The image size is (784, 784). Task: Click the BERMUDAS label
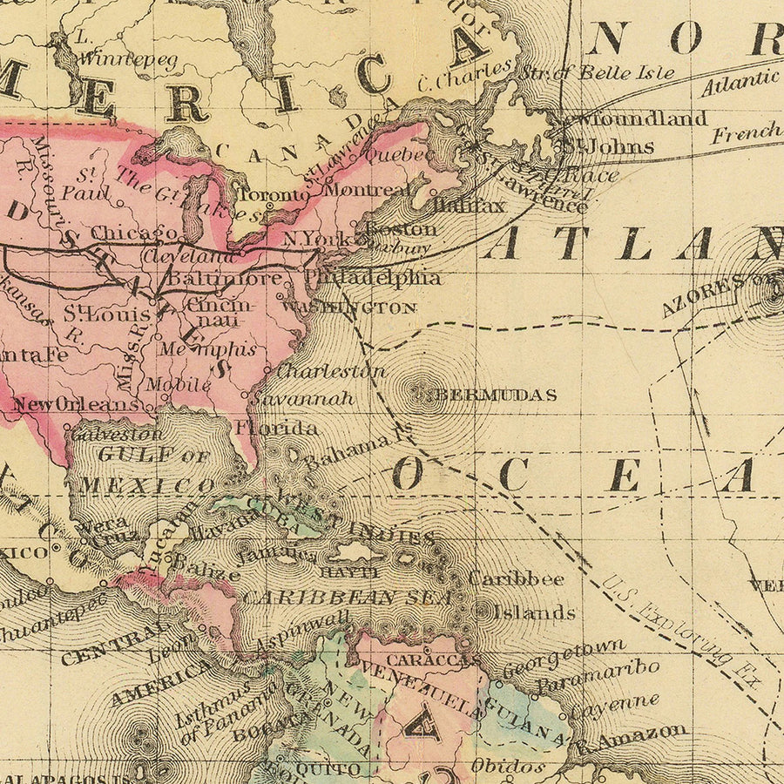click(x=496, y=395)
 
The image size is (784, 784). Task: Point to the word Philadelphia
click(x=373, y=278)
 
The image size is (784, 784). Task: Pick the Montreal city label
click(x=367, y=189)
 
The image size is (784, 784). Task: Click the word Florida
click(x=275, y=428)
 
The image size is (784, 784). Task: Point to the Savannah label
click(x=303, y=398)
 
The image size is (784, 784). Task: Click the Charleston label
click(x=330, y=370)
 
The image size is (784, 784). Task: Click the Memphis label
click(x=208, y=349)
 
